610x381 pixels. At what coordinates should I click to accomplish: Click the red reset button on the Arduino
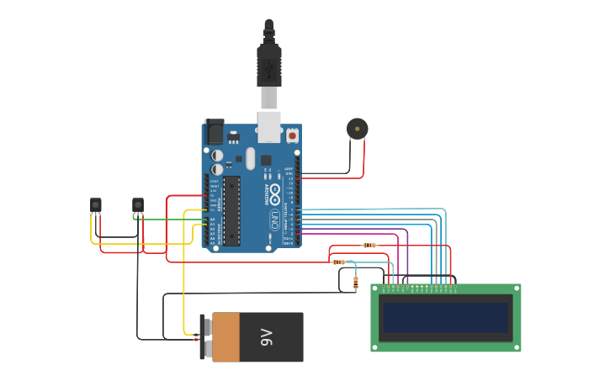[x=292, y=135]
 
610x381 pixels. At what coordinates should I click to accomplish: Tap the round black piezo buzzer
[x=357, y=129]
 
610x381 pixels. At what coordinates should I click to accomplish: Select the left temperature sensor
[x=96, y=204]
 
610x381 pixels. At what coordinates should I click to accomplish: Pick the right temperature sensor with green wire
[x=138, y=204]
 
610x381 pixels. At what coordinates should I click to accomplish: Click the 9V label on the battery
[x=267, y=337]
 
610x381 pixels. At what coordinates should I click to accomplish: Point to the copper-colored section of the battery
[x=225, y=337]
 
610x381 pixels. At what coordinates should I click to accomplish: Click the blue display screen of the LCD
[x=445, y=318]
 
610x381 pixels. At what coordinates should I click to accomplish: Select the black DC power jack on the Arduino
[x=215, y=132]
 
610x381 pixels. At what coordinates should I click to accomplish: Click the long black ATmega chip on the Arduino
[x=231, y=210]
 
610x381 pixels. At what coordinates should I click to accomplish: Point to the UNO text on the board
[x=274, y=220]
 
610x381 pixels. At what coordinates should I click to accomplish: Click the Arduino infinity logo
[x=275, y=192]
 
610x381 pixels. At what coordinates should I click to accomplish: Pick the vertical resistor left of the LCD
[x=355, y=283]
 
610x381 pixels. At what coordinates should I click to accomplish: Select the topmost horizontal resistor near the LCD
[x=369, y=246]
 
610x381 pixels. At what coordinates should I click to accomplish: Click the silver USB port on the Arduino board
[x=268, y=126]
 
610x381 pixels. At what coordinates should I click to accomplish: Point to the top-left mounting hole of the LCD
[x=375, y=288]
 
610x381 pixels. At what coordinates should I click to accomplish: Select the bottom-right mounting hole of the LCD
[x=517, y=347]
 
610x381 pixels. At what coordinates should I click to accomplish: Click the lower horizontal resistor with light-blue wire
[x=339, y=262]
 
